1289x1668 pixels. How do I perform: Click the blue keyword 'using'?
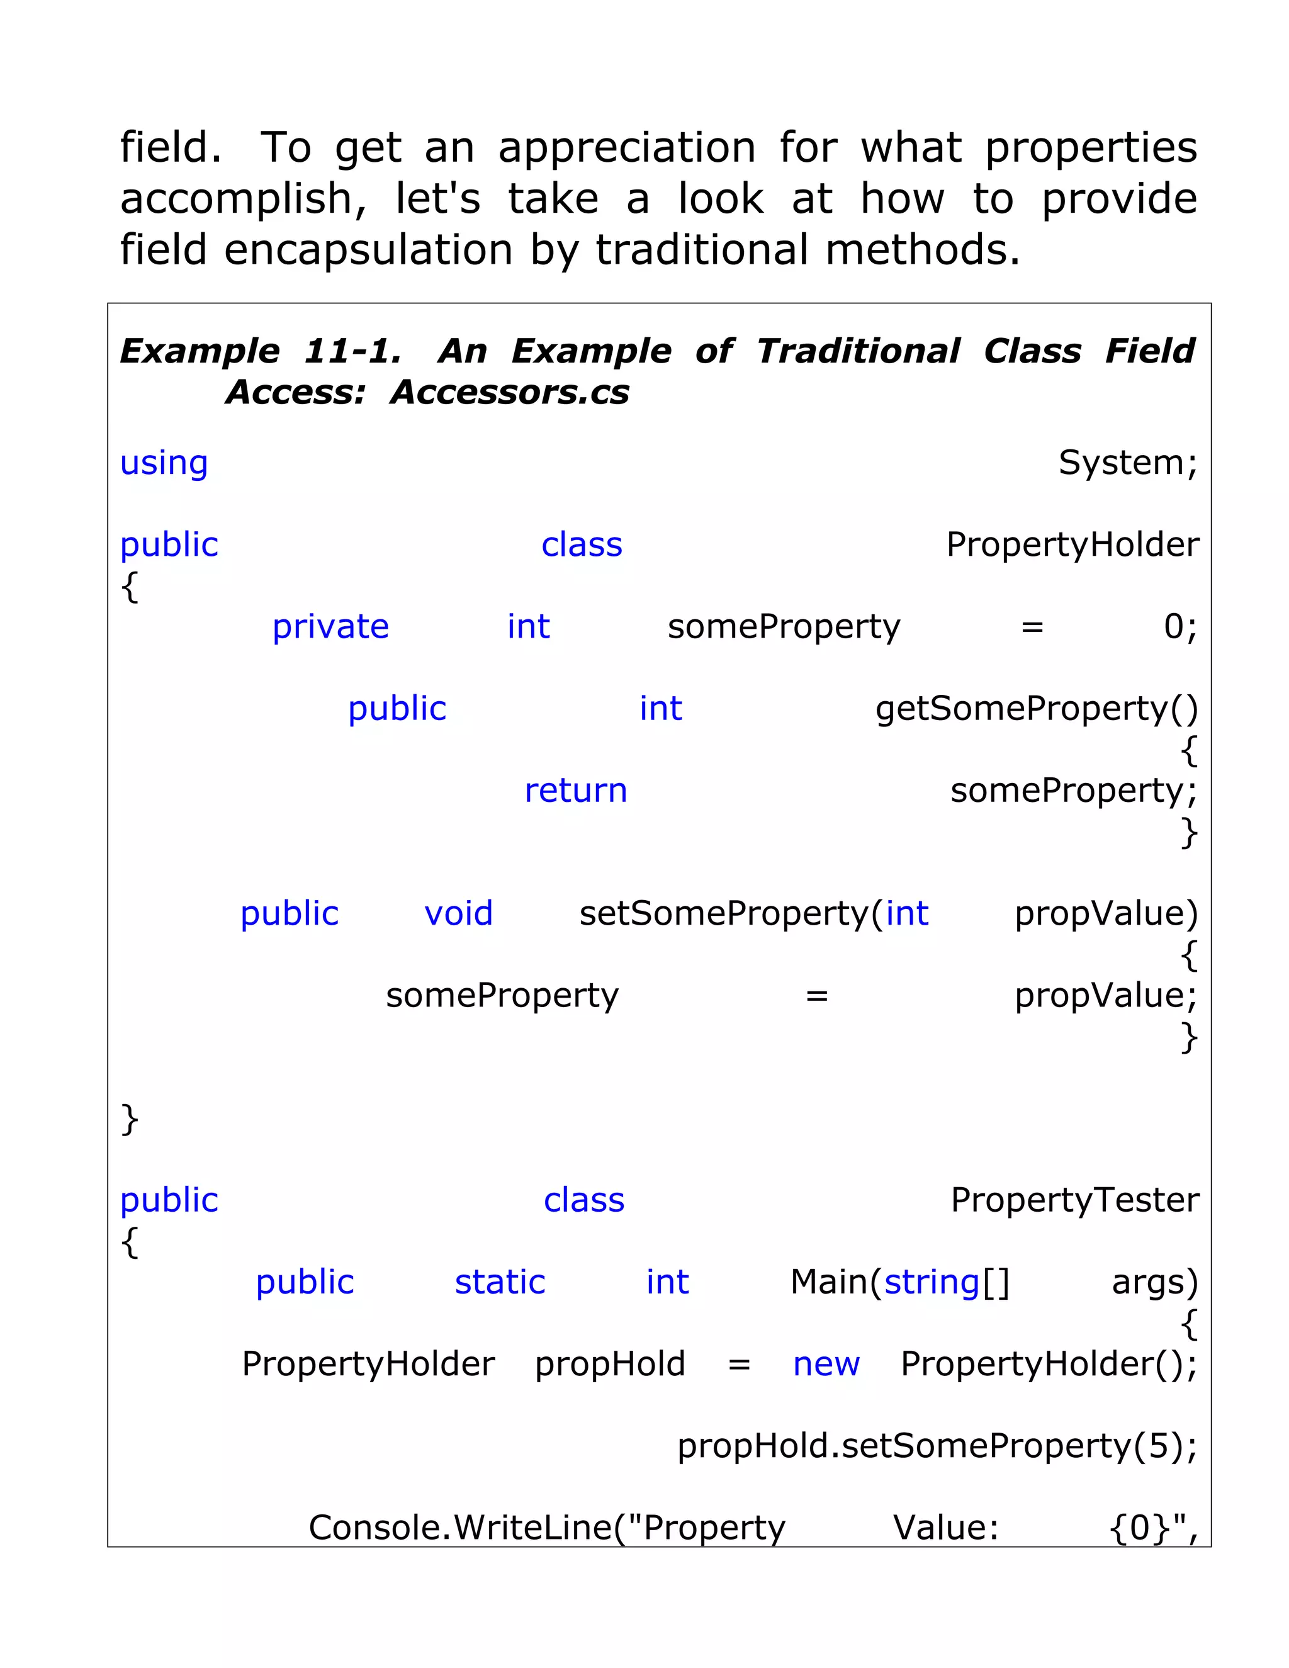pyautogui.click(x=164, y=463)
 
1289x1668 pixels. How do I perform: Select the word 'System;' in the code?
pyautogui.click(x=1127, y=463)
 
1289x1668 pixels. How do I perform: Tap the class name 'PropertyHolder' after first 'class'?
pyautogui.click(x=1072, y=544)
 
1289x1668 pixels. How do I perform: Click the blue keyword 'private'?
pyautogui.click(x=330, y=627)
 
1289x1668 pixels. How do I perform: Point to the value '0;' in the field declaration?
pyautogui.click(x=1180, y=626)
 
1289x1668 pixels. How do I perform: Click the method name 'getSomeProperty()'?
pyautogui.click(x=1036, y=709)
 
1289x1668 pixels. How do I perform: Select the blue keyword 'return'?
pyautogui.click(x=575, y=791)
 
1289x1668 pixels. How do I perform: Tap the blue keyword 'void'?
pyautogui.click(x=458, y=913)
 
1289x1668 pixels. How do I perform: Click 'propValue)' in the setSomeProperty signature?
pyautogui.click(x=1106, y=913)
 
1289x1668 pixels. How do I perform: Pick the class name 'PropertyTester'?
pyautogui.click(x=1074, y=1200)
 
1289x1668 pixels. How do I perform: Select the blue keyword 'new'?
pyautogui.click(x=826, y=1364)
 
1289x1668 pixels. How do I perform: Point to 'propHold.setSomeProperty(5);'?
pyautogui.click(x=937, y=1446)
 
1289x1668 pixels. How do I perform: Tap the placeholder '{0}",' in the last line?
pyautogui.click(x=1152, y=1528)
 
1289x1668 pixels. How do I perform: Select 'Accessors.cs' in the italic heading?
pyautogui.click(x=509, y=393)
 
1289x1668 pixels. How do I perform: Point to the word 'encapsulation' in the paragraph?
pyautogui.click(x=368, y=250)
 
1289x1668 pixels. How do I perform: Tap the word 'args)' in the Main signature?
pyautogui.click(x=1154, y=1282)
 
